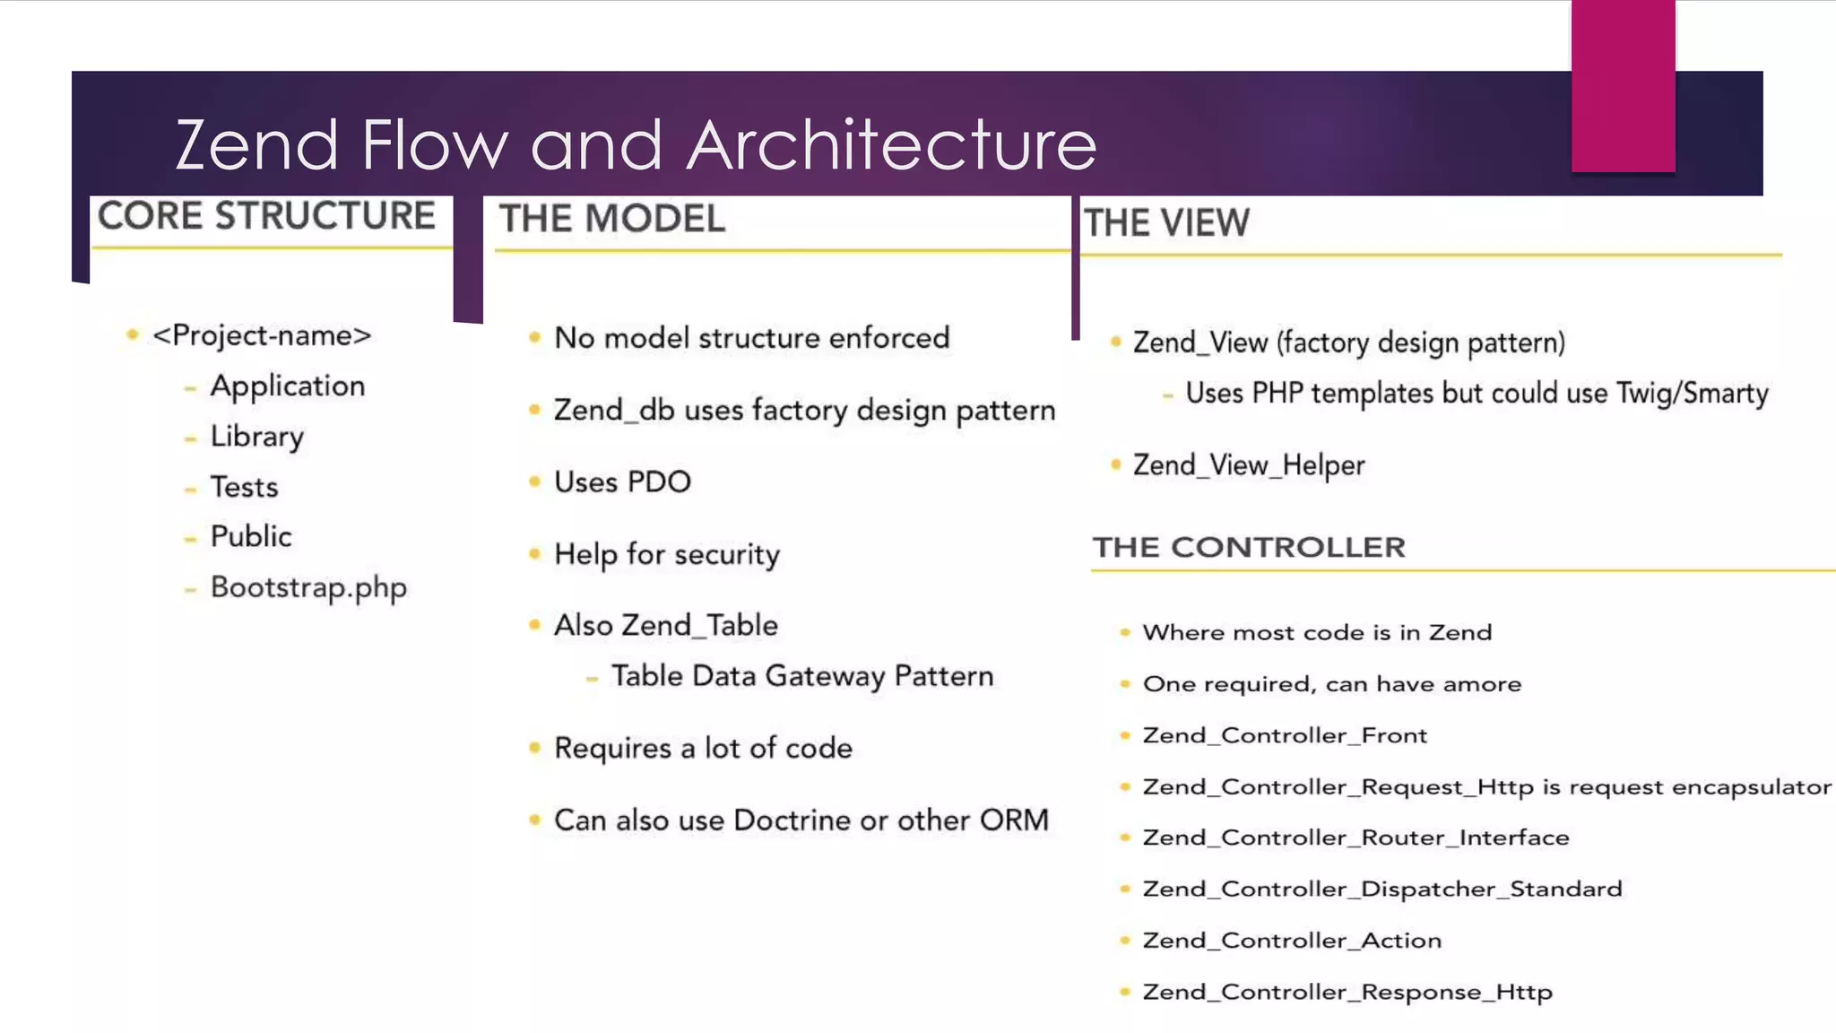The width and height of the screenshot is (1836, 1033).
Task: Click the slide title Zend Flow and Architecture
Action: (x=636, y=144)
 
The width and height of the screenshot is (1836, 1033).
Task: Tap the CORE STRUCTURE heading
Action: (x=266, y=216)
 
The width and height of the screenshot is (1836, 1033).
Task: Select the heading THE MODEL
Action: (x=612, y=219)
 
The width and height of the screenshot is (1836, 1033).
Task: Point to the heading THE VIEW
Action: (x=1166, y=223)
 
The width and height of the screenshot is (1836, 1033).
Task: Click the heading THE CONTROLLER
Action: (x=1249, y=547)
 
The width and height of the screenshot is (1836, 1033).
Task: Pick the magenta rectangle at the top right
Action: (x=1623, y=86)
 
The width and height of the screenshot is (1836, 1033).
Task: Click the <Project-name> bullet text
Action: (x=262, y=335)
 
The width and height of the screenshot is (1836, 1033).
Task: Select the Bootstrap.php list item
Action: (x=308, y=587)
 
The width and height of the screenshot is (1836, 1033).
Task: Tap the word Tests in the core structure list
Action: (x=244, y=487)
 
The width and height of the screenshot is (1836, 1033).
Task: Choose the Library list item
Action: (x=257, y=437)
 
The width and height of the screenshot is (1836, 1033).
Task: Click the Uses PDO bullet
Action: (x=622, y=482)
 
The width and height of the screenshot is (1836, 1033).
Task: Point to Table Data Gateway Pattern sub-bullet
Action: (x=802, y=676)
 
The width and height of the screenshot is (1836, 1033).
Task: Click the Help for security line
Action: (x=667, y=554)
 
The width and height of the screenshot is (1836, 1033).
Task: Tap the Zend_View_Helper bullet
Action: (x=1249, y=465)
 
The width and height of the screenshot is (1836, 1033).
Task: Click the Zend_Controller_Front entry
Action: (x=1285, y=735)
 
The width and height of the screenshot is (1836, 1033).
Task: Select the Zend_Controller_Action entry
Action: (x=1292, y=941)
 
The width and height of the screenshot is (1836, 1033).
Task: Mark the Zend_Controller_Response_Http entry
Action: (x=1347, y=992)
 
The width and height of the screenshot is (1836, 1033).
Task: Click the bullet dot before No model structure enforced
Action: (x=535, y=337)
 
